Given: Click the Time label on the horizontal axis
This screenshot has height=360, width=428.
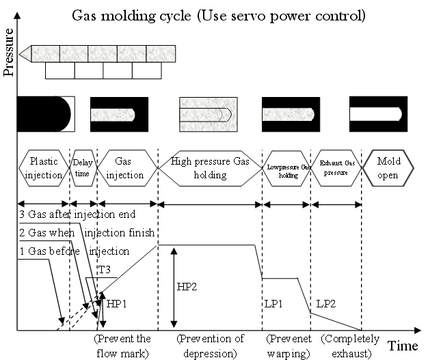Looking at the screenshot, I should pos(403,346).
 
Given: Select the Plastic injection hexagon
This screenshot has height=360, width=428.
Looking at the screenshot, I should pos(44,167).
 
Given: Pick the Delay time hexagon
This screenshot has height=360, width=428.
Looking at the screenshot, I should pos(82,167).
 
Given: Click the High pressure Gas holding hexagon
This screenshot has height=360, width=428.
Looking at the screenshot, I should pos(210,167).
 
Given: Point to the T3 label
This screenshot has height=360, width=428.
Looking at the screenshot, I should pos(105,270).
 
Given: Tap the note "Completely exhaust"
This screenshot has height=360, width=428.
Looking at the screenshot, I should pos(345,346).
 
